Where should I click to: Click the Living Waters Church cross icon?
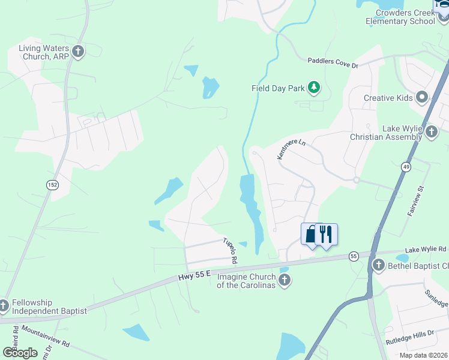(x=78, y=52)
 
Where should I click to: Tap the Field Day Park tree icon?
(x=313, y=88)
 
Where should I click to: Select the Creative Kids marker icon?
(x=422, y=97)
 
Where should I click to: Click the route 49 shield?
(x=406, y=167)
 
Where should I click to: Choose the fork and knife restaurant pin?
(x=326, y=234)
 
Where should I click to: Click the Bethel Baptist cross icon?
(x=378, y=265)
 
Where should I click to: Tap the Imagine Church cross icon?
(x=285, y=280)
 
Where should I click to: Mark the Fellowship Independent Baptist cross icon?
(x=4, y=306)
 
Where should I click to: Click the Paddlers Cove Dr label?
(x=333, y=61)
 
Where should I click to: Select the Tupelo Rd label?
(x=231, y=251)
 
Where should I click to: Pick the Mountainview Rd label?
(x=46, y=337)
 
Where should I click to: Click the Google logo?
(x=20, y=352)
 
